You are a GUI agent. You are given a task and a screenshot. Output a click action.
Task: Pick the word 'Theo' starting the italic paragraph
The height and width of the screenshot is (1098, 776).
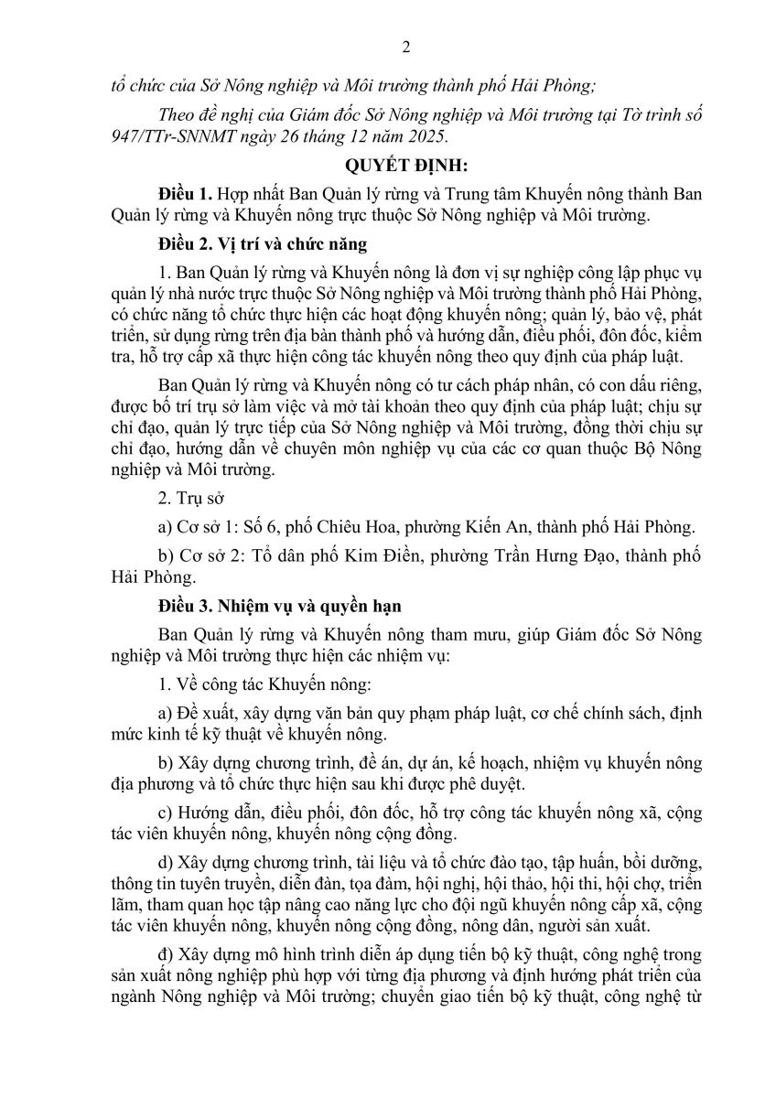pos(178,114)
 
